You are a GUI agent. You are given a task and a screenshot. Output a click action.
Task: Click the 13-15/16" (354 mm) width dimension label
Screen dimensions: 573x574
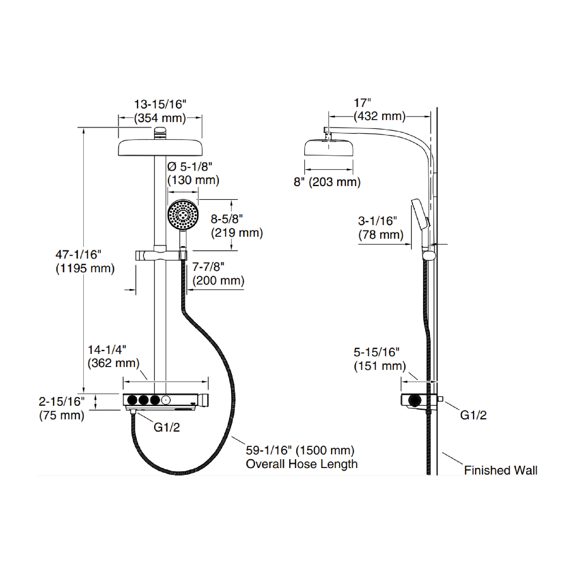[x=160, y=111]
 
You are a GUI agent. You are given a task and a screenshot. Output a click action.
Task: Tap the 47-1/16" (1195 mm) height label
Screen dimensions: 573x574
[x=85, y=261]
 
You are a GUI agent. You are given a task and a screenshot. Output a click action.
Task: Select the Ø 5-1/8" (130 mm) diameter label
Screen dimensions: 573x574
[x=193, y=173]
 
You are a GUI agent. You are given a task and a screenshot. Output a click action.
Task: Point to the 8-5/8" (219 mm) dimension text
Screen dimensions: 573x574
[x=236, y=226]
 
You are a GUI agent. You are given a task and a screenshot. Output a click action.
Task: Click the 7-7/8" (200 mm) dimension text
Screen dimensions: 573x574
[x=218, y=274]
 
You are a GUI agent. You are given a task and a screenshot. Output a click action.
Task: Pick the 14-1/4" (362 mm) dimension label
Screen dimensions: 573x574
[x=113, y=356]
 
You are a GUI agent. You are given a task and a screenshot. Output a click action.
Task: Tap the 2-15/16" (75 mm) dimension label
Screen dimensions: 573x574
[x=62, y=408]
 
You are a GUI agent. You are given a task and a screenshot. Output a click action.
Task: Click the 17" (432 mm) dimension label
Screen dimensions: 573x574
[x=379, y=110]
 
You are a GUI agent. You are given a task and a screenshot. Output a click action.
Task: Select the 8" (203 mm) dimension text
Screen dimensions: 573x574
[x=327, y=182]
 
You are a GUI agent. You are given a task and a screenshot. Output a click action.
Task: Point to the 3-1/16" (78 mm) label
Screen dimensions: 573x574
[x=380, y=228]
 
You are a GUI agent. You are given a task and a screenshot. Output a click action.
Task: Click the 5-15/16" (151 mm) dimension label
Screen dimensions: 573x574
[x=379, y=359]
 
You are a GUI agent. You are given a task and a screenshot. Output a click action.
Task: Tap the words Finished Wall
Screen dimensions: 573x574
[x=500, y=470]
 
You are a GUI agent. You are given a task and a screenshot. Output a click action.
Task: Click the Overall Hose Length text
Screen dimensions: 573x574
[x=301, y=464]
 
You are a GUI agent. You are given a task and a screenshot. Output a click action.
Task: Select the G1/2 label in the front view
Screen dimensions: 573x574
[x=166, y=427]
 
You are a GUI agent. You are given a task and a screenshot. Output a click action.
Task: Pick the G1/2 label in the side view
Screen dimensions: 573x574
[x=473, y=415]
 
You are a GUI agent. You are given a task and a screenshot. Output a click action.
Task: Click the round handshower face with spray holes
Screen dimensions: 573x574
[x=183, y=215]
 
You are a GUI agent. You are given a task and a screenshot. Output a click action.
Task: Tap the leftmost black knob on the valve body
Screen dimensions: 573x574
[x=132, y=400]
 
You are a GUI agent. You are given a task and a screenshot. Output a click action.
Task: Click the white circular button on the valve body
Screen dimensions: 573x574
[x=166, y=400]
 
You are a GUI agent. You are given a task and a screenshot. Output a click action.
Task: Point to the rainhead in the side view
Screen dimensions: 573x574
[x=329, y=147]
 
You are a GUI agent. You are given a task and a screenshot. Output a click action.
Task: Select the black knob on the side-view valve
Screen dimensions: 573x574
[x=415, y=400]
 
